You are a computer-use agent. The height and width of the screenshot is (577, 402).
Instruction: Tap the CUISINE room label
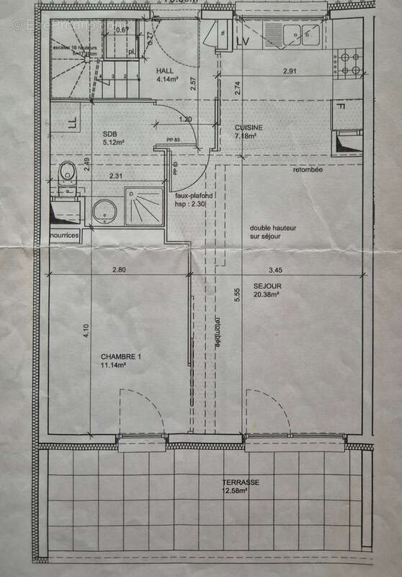coord(249,128)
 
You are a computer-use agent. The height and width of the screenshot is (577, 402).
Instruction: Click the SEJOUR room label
coord(267,286)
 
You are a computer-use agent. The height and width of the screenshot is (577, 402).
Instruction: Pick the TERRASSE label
coord(241,483)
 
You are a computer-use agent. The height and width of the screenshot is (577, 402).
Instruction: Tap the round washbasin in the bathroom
coord(106,211)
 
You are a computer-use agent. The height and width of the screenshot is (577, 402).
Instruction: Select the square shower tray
coord(145,206)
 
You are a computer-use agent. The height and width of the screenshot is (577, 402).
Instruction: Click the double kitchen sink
coord(300,32)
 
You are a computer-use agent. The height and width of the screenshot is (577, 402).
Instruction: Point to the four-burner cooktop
coord(349,63)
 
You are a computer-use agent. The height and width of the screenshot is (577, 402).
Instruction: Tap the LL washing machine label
coord(71,123)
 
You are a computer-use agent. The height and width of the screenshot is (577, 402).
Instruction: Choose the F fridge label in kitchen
coord(344,108)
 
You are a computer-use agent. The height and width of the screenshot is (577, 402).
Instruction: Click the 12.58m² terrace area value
coord(241,493)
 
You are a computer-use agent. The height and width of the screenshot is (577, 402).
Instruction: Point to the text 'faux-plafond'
coord(186,195)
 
